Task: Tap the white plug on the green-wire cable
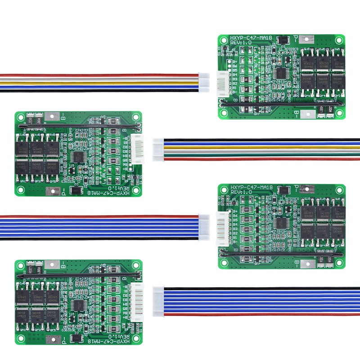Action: click(158, 148)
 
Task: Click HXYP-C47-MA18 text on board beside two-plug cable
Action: click(252, 37)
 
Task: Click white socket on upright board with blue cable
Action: click(221, 229)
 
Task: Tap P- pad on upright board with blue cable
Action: click(306, 188)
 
